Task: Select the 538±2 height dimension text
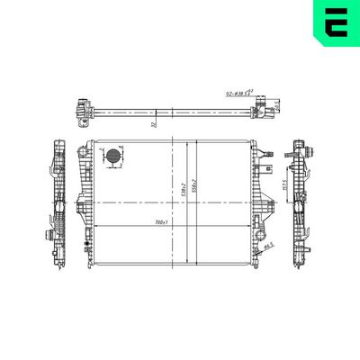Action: [x=184, y=187]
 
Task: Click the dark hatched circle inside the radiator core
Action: [x=112, y=159]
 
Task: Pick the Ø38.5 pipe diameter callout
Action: [x=238, y=92]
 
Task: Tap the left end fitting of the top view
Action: [x=82, y=112]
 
